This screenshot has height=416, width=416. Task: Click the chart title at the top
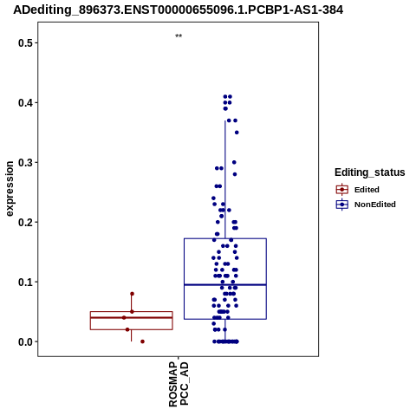(179, 10)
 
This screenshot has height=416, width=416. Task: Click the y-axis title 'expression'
(10, 189)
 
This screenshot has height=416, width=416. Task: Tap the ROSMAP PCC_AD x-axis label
(179, 384)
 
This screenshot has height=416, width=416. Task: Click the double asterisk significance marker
(179, 36)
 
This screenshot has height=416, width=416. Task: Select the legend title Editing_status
(370, 172)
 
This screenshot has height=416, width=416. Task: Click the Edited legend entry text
(367, 190)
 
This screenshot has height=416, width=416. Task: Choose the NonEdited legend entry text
(375, 205)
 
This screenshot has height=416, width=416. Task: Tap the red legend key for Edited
(342, 190)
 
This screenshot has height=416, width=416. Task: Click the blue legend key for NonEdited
(342, 205)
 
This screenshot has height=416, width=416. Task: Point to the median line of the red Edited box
(132, 317)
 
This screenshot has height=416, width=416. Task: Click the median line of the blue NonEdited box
(225, 285)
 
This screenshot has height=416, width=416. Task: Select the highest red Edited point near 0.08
(132, 294)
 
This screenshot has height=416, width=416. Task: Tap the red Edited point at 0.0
(142, 341)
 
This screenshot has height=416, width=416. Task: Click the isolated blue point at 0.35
(237, 133)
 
